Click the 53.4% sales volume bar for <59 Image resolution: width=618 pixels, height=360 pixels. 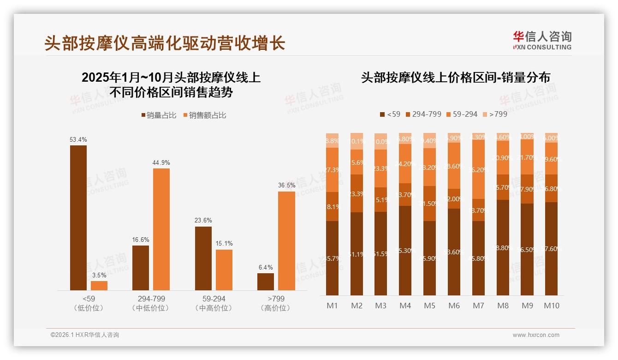(78, 217)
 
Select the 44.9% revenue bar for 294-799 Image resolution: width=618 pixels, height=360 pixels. (161, 229)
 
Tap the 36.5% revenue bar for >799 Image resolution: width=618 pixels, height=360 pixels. (286, 240)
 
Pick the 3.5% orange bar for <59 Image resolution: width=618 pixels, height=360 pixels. (99, 285)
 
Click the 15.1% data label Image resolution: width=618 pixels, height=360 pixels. (224, 244)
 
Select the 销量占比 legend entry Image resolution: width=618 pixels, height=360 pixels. (158, 115)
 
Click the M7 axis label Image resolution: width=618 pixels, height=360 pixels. (478, 306)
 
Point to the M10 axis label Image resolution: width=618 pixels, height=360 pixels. (551, 306)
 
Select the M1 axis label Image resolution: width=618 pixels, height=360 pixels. (332, 306)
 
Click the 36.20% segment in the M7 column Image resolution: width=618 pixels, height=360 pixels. (478, 169)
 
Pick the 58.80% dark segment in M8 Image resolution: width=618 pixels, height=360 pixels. (503, 247)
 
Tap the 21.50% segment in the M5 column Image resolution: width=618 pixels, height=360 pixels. (429, 204)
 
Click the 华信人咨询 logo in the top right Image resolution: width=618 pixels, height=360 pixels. (542, 40)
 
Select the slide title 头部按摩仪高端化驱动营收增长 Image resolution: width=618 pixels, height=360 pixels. (165, 43)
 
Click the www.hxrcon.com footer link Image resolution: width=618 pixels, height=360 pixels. (536, 335)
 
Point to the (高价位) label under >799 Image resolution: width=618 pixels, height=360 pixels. (275, 308)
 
